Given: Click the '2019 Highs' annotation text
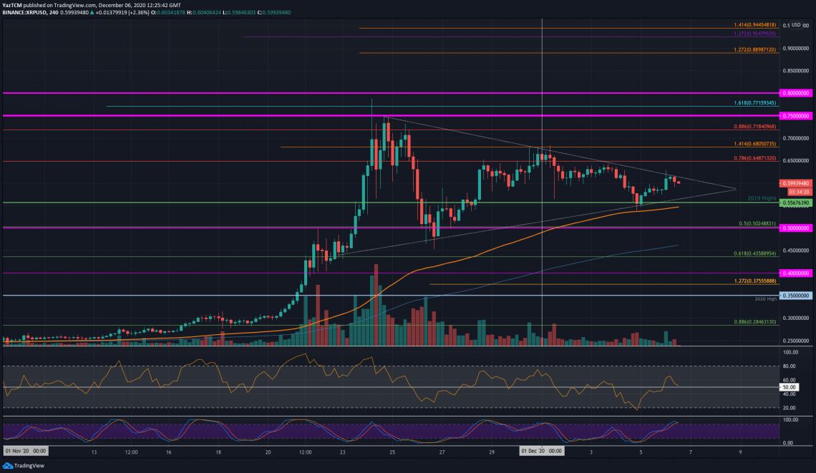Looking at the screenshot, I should coord(762,198).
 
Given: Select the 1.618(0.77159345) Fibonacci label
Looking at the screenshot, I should coord(755,103).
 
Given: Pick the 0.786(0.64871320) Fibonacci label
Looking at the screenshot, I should coord(755,157).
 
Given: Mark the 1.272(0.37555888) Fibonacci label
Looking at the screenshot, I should coord(755,281).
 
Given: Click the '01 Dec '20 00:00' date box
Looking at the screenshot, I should coord(541,451).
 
